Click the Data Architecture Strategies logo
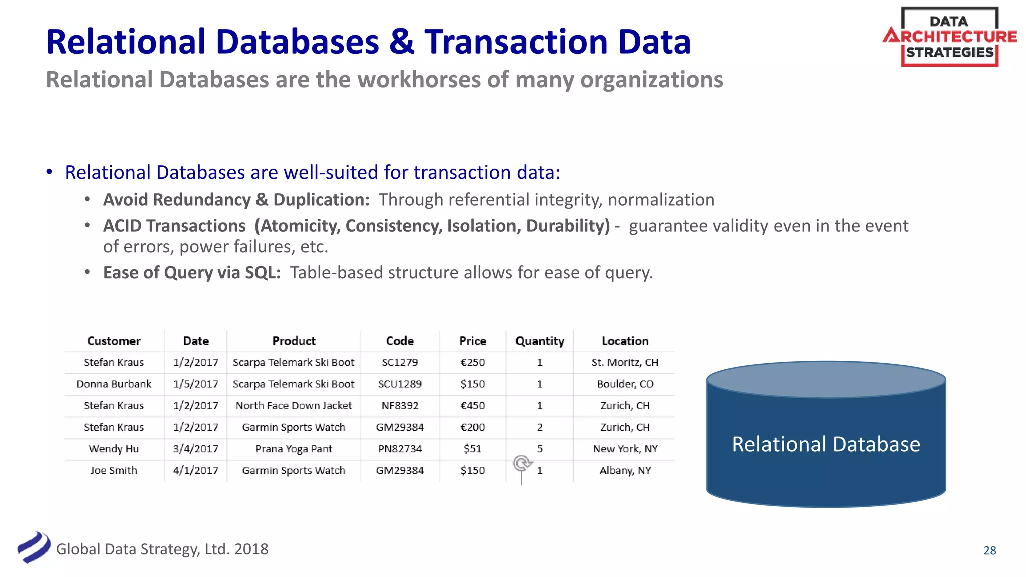tap(949, 37)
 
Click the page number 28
tap(989, 550)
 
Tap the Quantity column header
tap(540, 341)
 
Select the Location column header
tap(625, 341)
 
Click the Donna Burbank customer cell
tap(114, 384)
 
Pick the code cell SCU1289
tap(400, 384)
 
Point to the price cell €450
tap(472, 406)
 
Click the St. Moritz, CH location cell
tap(625, 363)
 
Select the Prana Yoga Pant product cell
tap(294, 449)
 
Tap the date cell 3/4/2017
tap(196, 449)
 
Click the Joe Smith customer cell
tap(114, 471)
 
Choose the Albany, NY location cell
tap(625, 471)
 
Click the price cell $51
tap(472, 449)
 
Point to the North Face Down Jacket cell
tap(294, 406)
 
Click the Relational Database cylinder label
tap(826, 444)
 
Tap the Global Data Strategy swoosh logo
tap(34, 547)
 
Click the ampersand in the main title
tap(401, 42)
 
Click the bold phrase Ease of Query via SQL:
tap(191, 273)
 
